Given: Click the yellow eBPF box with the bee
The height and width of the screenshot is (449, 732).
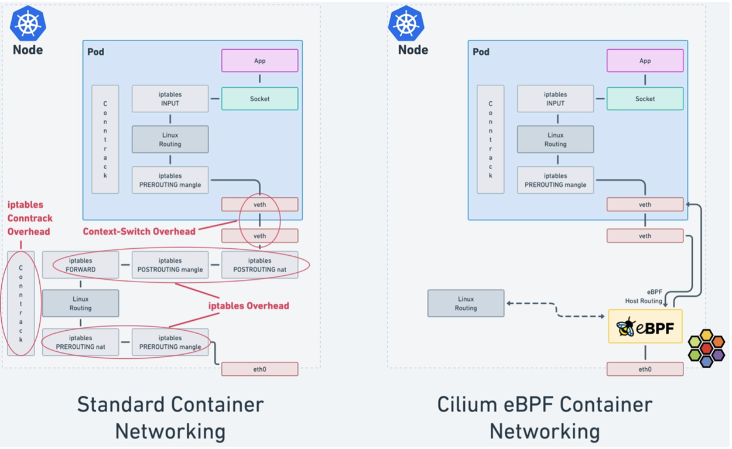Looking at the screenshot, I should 645,326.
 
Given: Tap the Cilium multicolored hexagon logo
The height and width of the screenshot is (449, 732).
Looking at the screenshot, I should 706,348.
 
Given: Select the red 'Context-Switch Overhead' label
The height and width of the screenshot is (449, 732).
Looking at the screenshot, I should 139,231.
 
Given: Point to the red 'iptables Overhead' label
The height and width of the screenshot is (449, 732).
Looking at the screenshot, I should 248,306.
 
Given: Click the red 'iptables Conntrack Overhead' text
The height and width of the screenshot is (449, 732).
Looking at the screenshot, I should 29,218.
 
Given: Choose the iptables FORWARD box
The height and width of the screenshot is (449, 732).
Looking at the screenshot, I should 80,265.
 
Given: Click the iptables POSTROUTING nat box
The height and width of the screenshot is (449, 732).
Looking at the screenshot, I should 259,265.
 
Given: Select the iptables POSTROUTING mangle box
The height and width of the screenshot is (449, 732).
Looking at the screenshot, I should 170,265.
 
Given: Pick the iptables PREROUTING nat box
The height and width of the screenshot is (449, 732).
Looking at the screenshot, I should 80,342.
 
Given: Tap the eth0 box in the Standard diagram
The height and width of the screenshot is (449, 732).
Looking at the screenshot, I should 259,369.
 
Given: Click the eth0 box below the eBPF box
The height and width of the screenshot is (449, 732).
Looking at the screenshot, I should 645,369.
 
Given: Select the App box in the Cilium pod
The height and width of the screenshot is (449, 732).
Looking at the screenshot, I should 645,61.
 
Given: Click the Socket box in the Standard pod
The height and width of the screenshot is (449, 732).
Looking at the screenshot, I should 259,99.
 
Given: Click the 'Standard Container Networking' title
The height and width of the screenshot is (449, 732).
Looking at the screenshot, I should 170,417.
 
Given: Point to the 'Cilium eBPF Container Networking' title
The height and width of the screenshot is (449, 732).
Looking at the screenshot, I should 545,417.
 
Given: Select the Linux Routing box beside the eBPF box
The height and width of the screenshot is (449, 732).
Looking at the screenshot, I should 466,303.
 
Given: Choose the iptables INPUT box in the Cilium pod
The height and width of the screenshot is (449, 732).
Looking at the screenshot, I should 555,99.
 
